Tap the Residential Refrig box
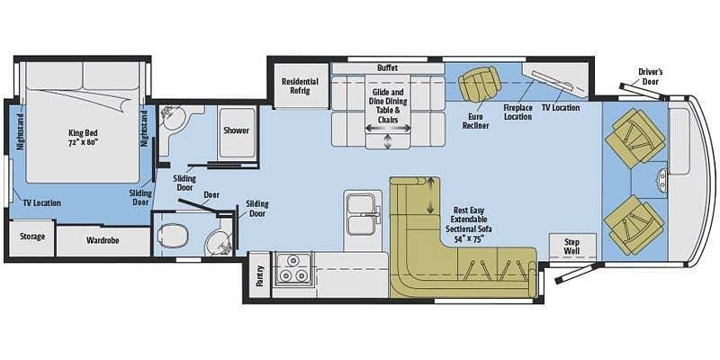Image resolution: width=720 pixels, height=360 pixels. pos(300,85)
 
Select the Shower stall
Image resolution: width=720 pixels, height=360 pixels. pos(236,131)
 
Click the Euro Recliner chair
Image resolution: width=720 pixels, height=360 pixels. pos(474,85)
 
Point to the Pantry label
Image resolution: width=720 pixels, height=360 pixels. pos(260,275)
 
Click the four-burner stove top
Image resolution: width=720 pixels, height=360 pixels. pos(292,267)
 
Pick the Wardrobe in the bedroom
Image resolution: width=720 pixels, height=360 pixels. pos(103,241)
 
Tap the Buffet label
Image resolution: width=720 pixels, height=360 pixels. pos(387,67)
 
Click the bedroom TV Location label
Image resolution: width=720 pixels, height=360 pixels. pos(41,202)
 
